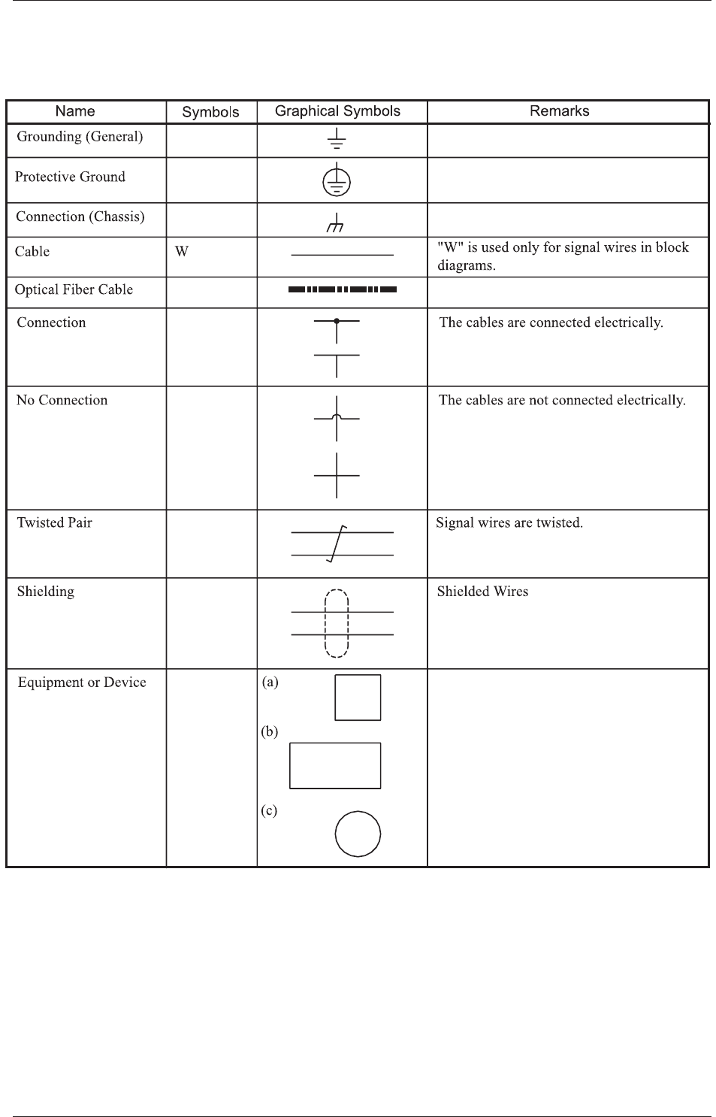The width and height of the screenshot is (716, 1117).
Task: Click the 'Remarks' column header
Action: [559, 111]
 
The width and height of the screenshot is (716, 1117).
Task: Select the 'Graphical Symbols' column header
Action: [337, 111]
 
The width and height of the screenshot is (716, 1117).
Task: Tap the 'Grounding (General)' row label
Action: [80, 137]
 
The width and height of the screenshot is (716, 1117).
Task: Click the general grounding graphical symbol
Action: [337, 139]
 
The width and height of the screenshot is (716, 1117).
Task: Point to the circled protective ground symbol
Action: [337, 181]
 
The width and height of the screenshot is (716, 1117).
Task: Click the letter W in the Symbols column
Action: [181, 252]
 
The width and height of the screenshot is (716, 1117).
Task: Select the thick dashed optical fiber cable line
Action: [342, 289]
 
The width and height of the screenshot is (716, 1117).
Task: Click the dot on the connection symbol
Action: [337, 321]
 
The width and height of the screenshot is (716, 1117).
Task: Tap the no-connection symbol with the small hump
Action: [337, 418]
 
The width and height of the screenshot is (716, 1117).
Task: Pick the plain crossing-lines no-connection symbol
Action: [337, 475]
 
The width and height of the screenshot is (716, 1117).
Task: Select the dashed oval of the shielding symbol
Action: [337, 624]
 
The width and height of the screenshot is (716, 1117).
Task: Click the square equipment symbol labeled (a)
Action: [358, 698]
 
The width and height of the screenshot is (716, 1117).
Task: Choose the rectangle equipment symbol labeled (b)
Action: [335, 765]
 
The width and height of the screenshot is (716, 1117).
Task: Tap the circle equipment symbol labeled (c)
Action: [358, 834]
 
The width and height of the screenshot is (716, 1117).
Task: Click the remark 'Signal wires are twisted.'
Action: [509, 522]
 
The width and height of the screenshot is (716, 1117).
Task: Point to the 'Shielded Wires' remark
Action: [482, 592]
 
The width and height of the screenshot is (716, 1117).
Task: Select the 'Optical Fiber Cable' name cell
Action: [74, 290]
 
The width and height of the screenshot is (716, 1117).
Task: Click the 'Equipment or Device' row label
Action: [82, 683]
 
